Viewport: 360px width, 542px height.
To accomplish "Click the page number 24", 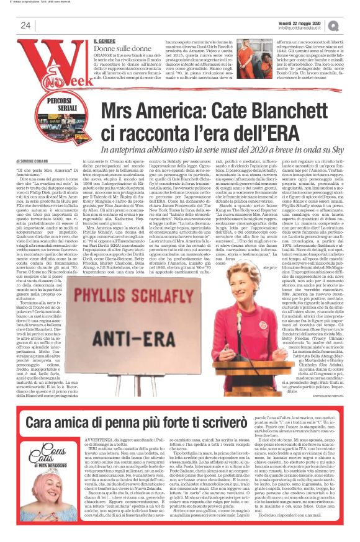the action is (26, 25).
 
